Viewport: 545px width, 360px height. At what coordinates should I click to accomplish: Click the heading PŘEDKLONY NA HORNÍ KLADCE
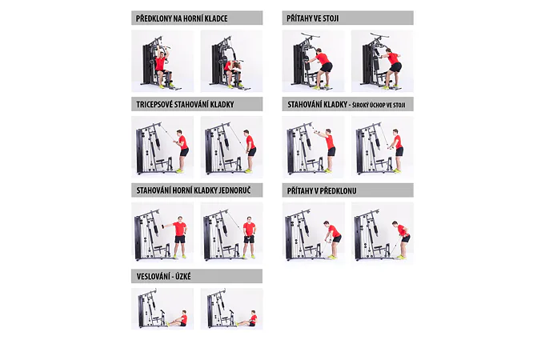point(182,18)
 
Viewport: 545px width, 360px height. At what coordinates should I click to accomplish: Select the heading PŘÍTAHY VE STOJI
point(312,18)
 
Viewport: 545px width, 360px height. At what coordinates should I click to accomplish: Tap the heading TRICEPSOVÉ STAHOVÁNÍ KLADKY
point(185,105)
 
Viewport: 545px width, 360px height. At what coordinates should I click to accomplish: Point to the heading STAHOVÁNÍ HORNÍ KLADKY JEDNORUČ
point(194,190)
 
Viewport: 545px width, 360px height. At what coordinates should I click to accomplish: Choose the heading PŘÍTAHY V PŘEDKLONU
point(322,190)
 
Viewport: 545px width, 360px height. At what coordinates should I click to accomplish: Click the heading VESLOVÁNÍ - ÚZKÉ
point(164,277)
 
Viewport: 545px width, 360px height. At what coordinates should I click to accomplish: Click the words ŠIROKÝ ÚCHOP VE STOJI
point(379,105)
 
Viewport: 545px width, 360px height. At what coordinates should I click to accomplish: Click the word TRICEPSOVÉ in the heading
point(154,105)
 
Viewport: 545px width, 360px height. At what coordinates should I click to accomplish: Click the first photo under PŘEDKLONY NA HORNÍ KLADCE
point(162,61)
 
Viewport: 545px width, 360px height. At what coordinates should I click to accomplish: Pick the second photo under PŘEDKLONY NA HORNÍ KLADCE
point(231,61)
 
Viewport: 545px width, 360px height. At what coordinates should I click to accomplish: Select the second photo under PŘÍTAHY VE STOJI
point(383,61)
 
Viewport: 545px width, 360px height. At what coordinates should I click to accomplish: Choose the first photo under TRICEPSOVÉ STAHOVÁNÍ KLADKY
point(162,147)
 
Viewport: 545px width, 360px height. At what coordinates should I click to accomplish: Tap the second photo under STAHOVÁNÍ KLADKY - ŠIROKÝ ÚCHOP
point(383,147)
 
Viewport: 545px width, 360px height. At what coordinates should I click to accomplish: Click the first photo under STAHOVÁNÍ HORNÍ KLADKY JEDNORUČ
point(162,233)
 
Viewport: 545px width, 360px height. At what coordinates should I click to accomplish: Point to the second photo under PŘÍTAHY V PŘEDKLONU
point(383,233)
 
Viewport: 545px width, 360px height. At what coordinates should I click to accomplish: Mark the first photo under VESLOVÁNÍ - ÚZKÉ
point(162,309)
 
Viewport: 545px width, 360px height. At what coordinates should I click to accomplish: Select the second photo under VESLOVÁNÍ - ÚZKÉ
point(231,309)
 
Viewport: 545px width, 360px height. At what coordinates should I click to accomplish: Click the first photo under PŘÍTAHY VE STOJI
point(313,61)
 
